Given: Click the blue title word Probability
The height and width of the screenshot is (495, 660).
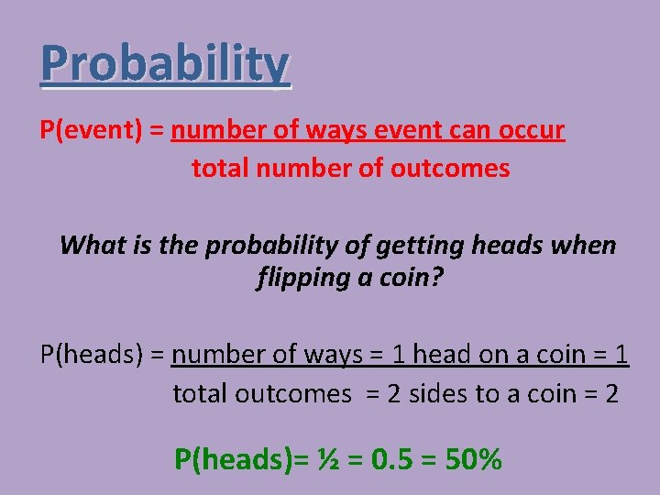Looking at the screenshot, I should coord(165,65).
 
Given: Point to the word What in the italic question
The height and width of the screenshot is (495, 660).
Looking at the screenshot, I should coord(93,246).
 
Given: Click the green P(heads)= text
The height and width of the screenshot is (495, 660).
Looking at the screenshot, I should coord(240,458).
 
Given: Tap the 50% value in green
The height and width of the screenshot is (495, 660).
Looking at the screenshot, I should coord(473,458).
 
